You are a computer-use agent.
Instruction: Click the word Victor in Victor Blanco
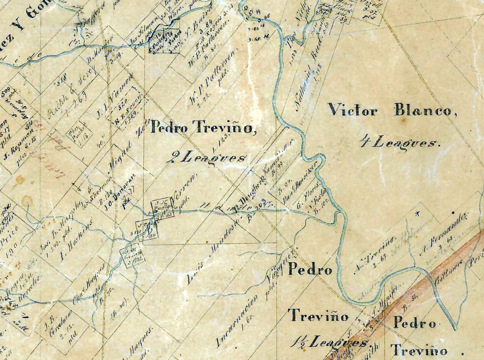coord(352,110)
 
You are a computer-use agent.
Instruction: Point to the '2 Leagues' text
coord(206,157)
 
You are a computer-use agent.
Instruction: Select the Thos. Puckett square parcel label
coord(80,134)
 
